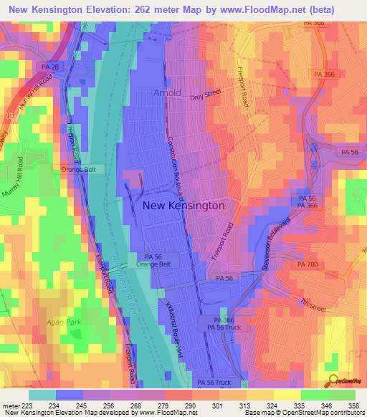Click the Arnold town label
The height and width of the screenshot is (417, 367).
[x=167, y=92]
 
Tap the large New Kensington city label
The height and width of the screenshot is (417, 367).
[x=183, y=205]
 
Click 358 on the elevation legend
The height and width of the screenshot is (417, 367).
[x=353, y=406]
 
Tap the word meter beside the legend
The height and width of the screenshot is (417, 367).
[x=11, y=406]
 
